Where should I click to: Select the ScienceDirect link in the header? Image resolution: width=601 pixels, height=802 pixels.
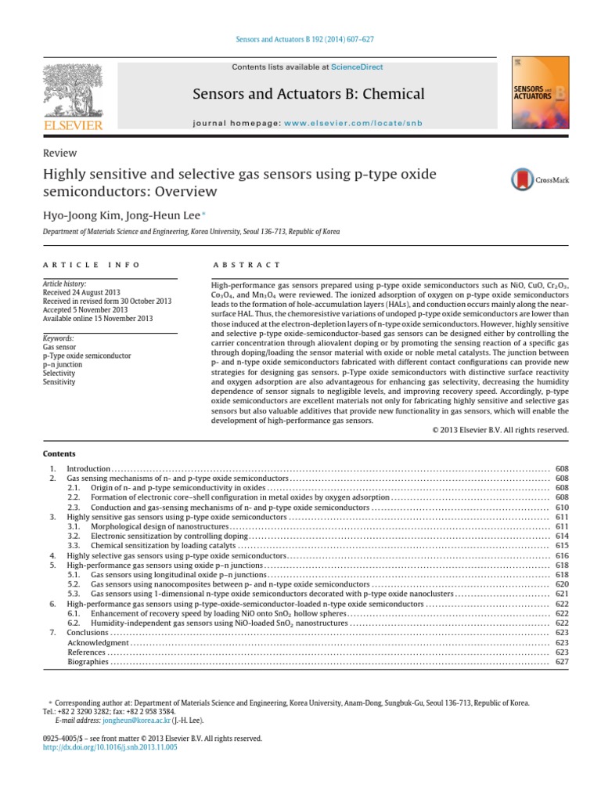coord(356,67)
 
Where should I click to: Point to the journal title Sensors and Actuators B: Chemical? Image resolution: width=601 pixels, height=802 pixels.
coord(308,94)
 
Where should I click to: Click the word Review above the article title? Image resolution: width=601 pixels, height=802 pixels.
coord(60,154)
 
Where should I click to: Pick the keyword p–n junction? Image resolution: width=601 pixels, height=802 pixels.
coord(63,364)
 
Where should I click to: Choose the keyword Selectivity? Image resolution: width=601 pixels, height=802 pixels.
coord(60,374)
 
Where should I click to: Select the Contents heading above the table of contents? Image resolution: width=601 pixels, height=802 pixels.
coord(59,453)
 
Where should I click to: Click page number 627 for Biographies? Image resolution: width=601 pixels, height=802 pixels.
coord(561,662)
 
